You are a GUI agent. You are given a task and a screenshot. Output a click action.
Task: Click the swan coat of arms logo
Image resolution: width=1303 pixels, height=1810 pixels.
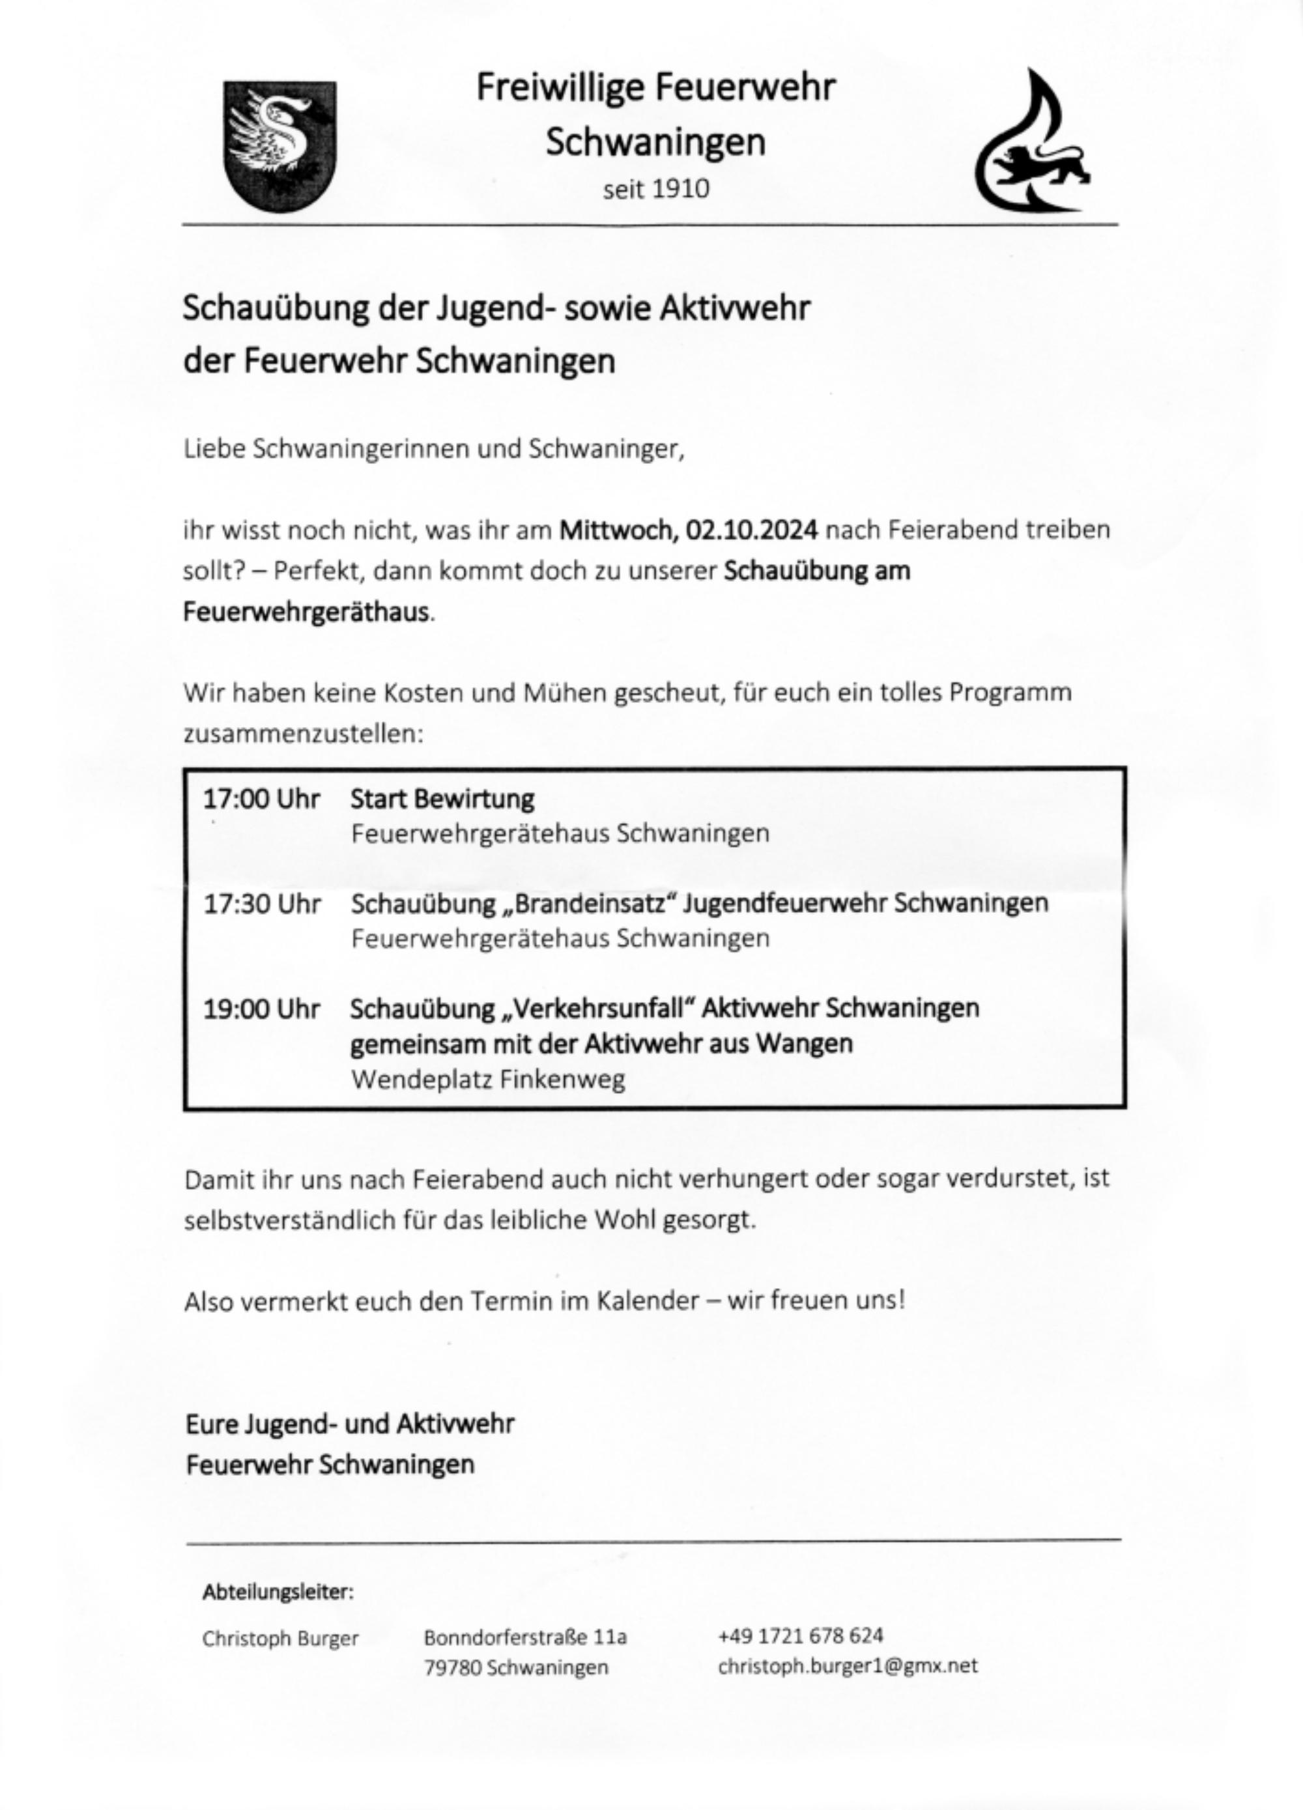coord(279,146)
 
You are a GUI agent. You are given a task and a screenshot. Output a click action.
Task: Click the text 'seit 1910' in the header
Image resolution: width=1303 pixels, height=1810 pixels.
coord(656,189)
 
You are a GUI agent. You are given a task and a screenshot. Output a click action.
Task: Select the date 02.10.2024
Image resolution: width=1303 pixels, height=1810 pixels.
coord(751,530)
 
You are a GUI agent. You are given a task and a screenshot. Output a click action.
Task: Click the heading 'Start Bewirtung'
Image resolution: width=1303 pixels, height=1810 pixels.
coord(442,799)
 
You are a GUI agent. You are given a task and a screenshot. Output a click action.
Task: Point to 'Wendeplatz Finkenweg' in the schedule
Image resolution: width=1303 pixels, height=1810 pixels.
coord(487,1080)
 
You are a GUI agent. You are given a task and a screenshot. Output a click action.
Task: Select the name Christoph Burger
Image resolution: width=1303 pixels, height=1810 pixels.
coord(280,1639)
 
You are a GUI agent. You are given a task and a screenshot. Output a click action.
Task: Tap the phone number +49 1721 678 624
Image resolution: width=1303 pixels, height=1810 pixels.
coord(800,1636)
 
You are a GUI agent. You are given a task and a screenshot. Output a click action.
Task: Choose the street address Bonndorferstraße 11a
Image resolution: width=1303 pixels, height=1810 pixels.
coord(525,1637)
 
